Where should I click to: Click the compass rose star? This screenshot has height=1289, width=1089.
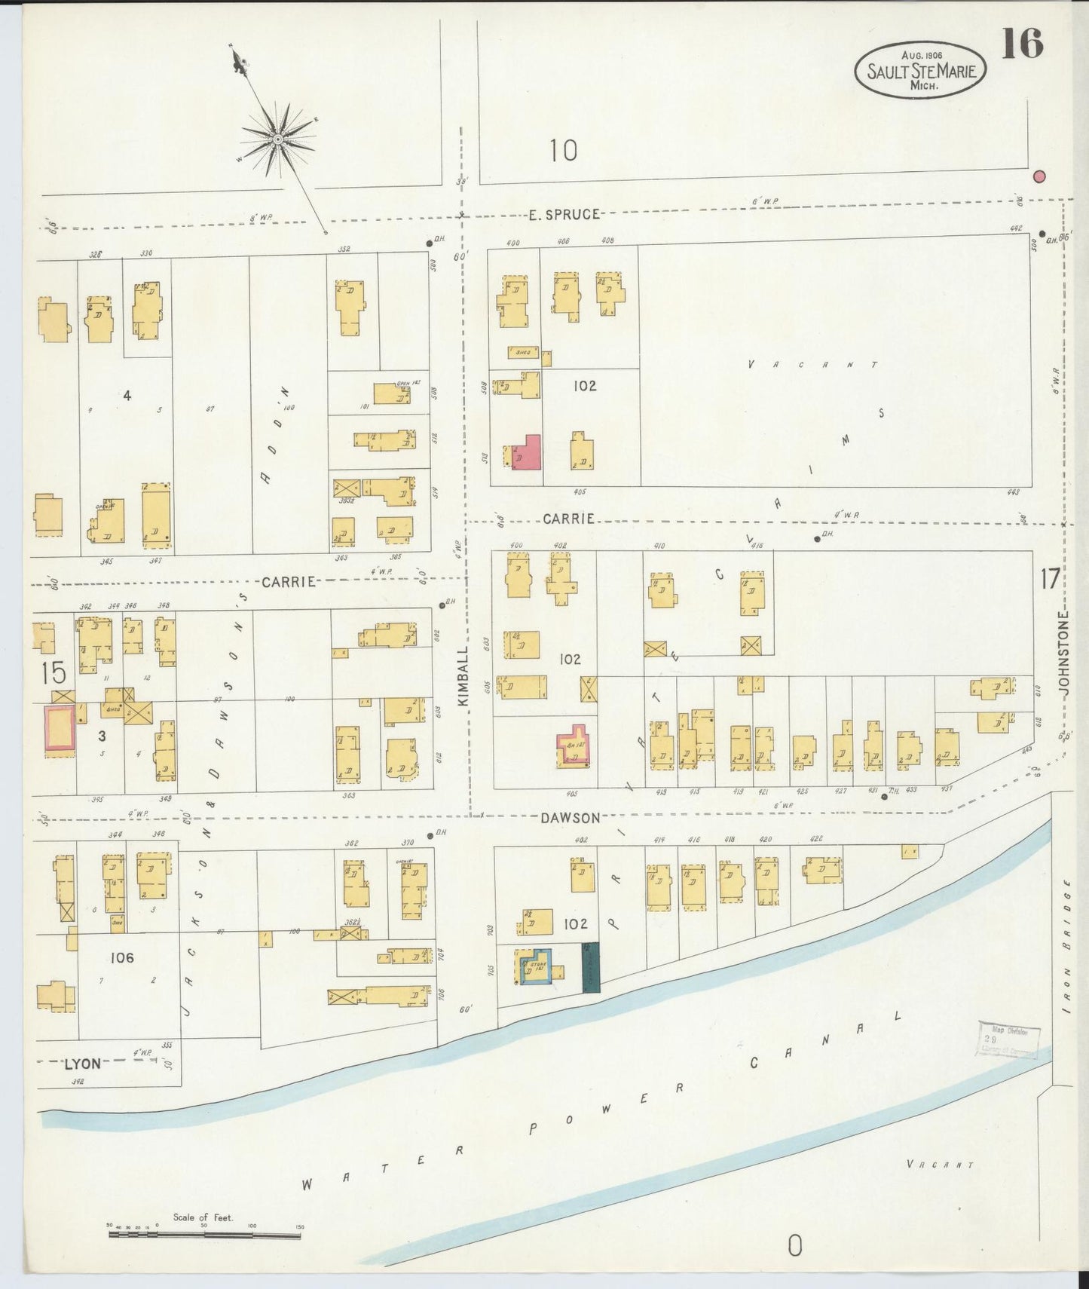(278, 140)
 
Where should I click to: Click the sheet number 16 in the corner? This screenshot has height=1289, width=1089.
(1023, 44)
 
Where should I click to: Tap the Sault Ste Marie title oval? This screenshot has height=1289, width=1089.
(920, 69)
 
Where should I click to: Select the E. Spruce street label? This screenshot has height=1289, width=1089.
(564, 215)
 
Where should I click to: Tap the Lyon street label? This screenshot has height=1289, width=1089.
(82, 1064)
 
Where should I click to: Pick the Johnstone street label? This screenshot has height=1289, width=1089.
(1063, 652)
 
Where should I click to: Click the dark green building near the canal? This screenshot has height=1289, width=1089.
(591, 967)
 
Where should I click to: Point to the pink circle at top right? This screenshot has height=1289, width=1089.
(1039, 176)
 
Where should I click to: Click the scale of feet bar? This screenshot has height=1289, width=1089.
(203, 1234)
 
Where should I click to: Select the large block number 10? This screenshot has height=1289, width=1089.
(563, 151)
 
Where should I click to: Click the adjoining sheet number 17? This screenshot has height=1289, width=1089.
(1050, 579)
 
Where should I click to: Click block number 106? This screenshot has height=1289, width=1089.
(121, 958)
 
